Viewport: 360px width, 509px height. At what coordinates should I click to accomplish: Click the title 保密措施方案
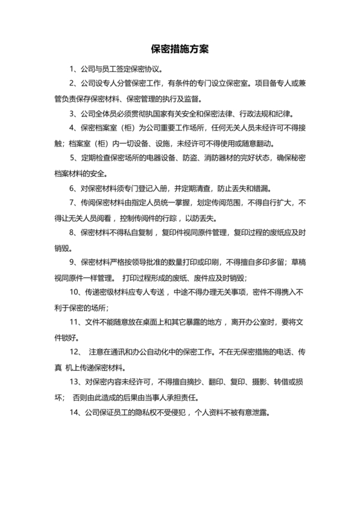click(x=180, y=49)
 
